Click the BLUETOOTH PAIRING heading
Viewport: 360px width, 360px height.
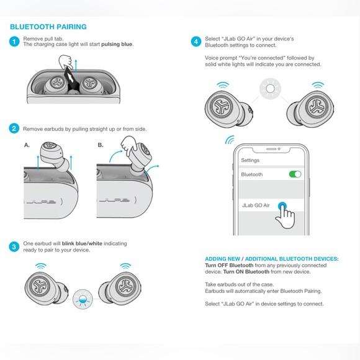click(x=48, y=27)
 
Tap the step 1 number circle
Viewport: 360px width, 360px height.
click(x=14, y=42)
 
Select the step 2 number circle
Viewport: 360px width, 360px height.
click(x=14, y=128)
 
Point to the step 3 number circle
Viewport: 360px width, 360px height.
click(x=14, y=246)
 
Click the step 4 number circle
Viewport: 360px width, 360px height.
click(x=196, y=42)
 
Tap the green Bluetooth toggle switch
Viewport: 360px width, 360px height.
click(x=295, y=174)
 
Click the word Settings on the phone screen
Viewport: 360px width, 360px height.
click(x=250, y=160)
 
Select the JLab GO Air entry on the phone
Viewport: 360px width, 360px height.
click(x=256, y=205)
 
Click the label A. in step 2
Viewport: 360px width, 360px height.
click(x=27, y=145)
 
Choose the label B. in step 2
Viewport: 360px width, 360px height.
click(x=101, y=145)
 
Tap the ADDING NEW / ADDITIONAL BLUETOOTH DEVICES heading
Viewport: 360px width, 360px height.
click(x=271, y=258)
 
